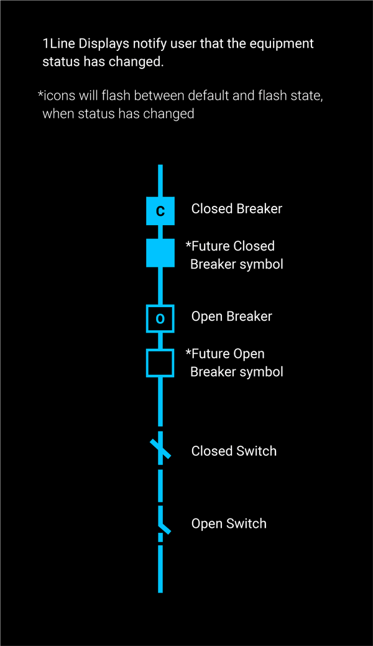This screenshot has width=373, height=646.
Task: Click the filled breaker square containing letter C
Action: pyautogui.click(x=160, y=211)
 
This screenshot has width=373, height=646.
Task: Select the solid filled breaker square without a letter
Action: pyautogui.click(x=160, y=253)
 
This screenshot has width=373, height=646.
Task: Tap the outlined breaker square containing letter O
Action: pyautogui.click(x=160, y=319)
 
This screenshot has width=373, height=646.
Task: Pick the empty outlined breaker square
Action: pyautogui.click(x=160, y=363)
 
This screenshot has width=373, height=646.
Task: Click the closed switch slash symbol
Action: pyautogui.click(x=160, y=450)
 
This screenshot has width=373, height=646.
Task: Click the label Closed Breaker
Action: pyautogui.click(x=236, y=209)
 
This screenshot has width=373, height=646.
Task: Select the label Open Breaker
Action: pyautogui.click(x=231, y=316)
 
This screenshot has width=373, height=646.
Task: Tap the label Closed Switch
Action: pyautogui.click(x=234, y=451)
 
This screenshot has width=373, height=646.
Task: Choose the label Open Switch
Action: pyautogui.click(x=229, y=524)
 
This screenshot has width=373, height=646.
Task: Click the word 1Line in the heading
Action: pyautogui.click(x=58, y=44)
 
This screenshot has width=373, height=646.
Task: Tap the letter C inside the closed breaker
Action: pyautogui.click(x=160, y=211)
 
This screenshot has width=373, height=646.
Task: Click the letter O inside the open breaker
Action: pyautogui.click(x=160, y=319)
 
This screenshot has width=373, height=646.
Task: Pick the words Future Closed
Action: pyautogui.click(x=233, y=246)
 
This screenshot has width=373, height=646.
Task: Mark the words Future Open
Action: pyautogui.click(x=228, y=354)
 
